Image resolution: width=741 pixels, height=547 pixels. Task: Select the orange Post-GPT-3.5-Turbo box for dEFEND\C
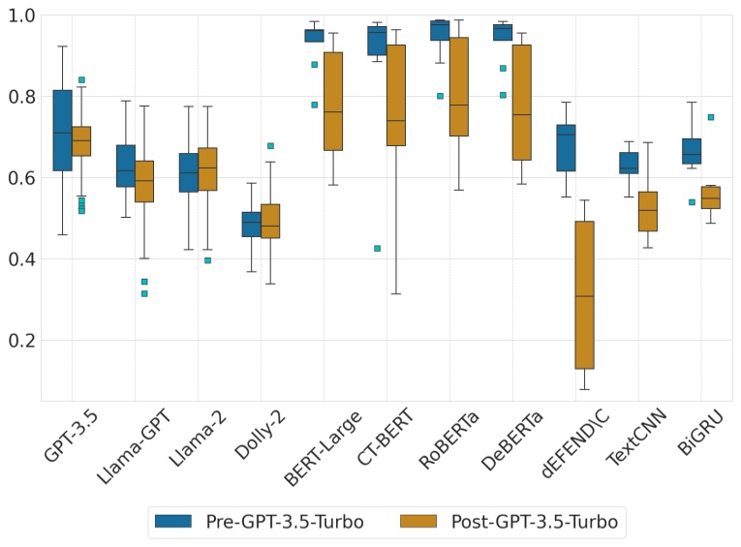click(x=584, y=294)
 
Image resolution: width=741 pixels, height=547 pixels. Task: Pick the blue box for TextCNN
click(x=629, y=163)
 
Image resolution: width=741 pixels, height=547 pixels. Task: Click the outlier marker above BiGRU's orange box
click(x=710, y=117)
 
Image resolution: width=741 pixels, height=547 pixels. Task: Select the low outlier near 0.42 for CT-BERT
click(x=377, y=249)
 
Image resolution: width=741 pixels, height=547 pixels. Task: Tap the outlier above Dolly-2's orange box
click(x=270, y=146)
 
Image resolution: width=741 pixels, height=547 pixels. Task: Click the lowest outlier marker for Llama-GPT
click(x=144, y=293)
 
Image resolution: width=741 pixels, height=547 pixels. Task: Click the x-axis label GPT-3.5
click(x=64, y=441)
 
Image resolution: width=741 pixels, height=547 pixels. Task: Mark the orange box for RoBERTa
click(x=459, y=87)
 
